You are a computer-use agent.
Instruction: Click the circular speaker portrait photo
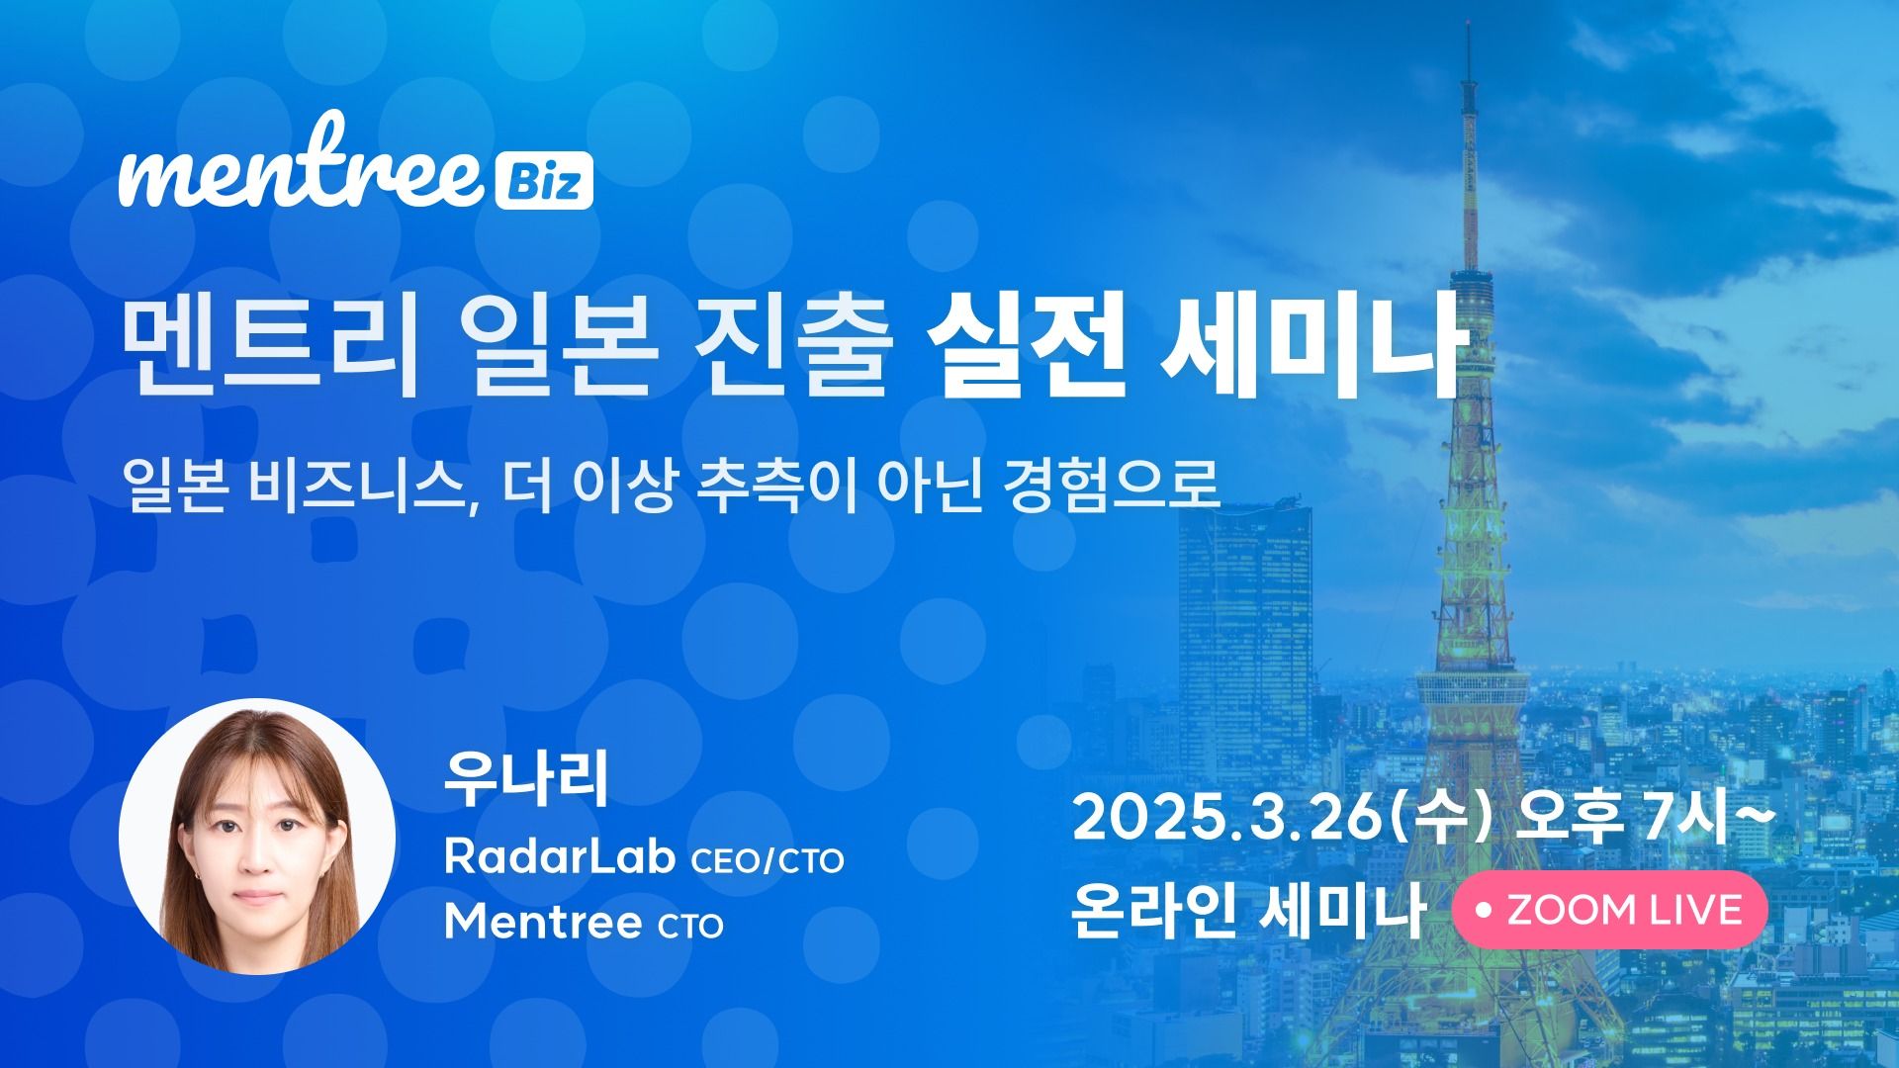(x=257, y=837)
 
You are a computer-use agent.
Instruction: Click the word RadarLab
(x=560, y=858)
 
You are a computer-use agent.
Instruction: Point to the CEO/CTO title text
(x=768, y=861)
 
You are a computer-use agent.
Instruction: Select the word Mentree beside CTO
(x=542, y=923)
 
